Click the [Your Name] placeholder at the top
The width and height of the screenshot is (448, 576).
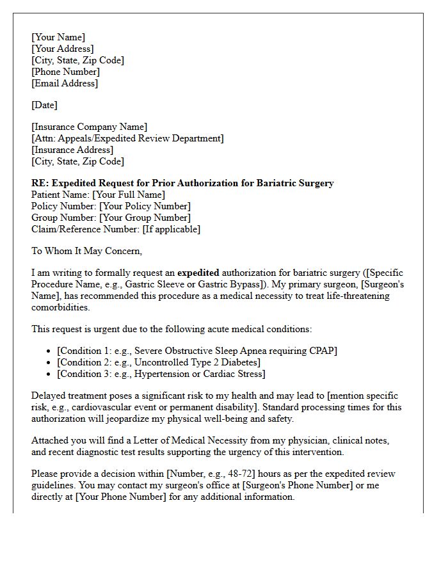coord(58,37)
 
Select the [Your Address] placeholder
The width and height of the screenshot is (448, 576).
coord(63,49)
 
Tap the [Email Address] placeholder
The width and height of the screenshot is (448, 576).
coord(65,83)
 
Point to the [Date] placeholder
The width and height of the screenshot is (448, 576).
coord(44,105)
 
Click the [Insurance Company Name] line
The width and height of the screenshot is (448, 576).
coord(89,127)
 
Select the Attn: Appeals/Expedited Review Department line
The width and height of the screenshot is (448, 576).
coord(127,138)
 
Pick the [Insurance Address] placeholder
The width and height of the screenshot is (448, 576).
coord(72,150)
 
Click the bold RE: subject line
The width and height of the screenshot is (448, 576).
coord(182,183)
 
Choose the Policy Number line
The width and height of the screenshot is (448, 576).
coord(111,206)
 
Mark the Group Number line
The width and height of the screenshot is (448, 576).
coord(111,218)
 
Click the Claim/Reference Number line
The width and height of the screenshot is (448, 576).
coord(115,229)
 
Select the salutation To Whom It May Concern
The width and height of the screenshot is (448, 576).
coord(86,251)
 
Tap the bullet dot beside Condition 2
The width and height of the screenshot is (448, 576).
coord(49,362)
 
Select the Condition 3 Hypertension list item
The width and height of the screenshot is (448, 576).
coord(161,374)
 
